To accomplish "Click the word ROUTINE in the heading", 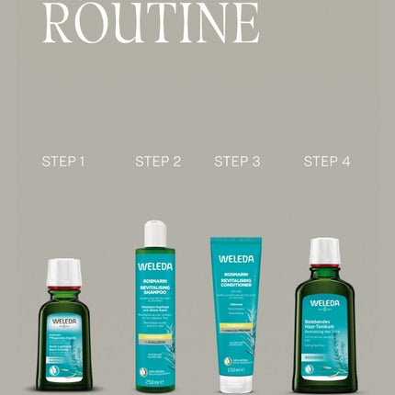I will (x=151, y=23).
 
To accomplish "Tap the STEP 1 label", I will (x=63, y=162).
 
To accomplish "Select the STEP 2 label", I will (x=158, y=162).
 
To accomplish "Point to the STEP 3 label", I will (x=237, y=162).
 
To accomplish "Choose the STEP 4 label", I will (x=327, y=162).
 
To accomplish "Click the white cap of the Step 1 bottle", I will (x=63, y=273).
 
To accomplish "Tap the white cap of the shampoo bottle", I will (x=154, y=233).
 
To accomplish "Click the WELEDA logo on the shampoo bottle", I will (x=154, y=267).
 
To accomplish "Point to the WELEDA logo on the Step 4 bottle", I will (x=324, y=302).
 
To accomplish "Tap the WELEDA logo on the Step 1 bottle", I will (x=63, y=322).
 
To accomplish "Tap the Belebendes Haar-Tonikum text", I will (x=324, y=323).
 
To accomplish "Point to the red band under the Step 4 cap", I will (x=324, y=266).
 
